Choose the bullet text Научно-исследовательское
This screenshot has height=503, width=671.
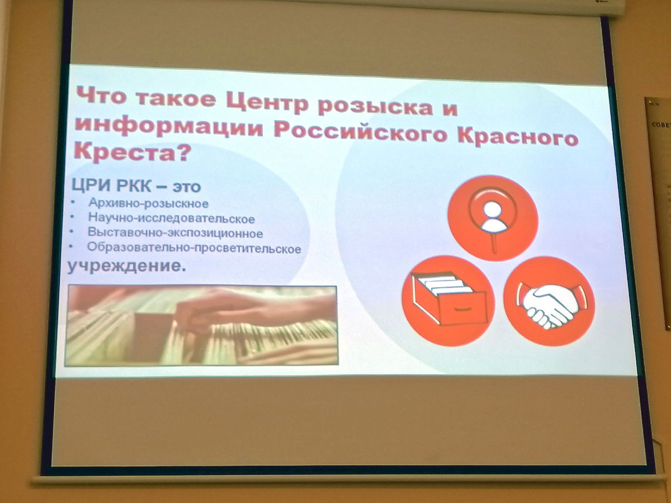pyautogui.click(x=171, y=218)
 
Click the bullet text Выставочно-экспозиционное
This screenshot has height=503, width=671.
pyautogui.click(x=175, y=232)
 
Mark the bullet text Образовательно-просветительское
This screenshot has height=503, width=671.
pyautogui.click(x=194, y=248)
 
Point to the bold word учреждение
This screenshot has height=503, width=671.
pyautogui.click(x=126, y=267)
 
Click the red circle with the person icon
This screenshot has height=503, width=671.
pyautogui.click(x=493, y=217)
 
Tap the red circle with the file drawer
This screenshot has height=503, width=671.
pyautogui.click(x=447, y=301)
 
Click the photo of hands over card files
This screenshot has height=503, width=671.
pyautogui.click(x=201, y=325)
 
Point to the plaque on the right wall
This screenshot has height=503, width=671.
pyautogui.click(x=658, y=212)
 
